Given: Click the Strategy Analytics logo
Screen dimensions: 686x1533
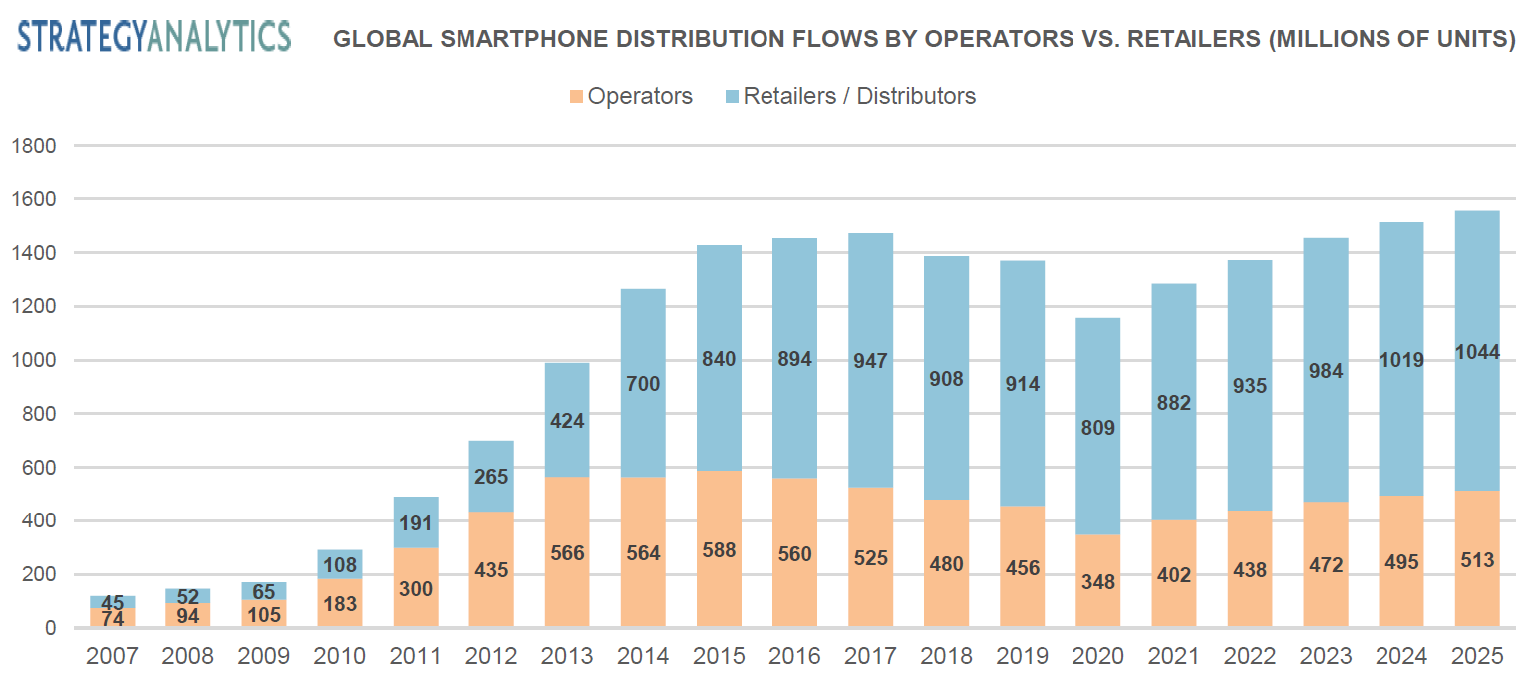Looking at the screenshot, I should (x=154, y=36).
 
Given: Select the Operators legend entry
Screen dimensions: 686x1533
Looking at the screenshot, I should (x=630, y=96).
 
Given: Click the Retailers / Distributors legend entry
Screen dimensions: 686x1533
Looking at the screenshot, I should (x=847, y=96).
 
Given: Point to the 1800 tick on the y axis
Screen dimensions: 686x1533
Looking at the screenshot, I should (x=34, y=146).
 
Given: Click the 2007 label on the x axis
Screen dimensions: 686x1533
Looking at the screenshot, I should (x=112, y=656).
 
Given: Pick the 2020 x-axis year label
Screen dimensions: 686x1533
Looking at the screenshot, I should (x=1097, y=656).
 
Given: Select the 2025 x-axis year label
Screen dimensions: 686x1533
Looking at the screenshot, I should (x=1476, y=656).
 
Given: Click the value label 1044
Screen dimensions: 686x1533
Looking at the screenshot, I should (x=1476, y=351).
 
